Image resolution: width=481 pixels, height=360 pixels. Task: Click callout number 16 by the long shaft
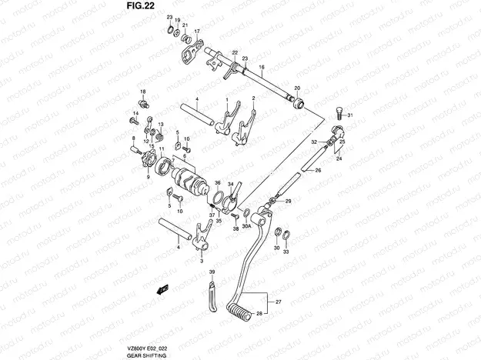[x=261, y=68]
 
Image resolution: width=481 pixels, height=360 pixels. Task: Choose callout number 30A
[x=246, y=227]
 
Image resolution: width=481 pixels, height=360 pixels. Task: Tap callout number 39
[x=212, y=273]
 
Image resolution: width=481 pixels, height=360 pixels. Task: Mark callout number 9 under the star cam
[x=149, y=176]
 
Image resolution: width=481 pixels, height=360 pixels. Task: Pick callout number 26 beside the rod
[x=316, y=172]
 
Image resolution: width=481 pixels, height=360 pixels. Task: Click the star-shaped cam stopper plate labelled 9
[x=145, y=161]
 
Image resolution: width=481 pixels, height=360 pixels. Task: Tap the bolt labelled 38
[x=235, y=218]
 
